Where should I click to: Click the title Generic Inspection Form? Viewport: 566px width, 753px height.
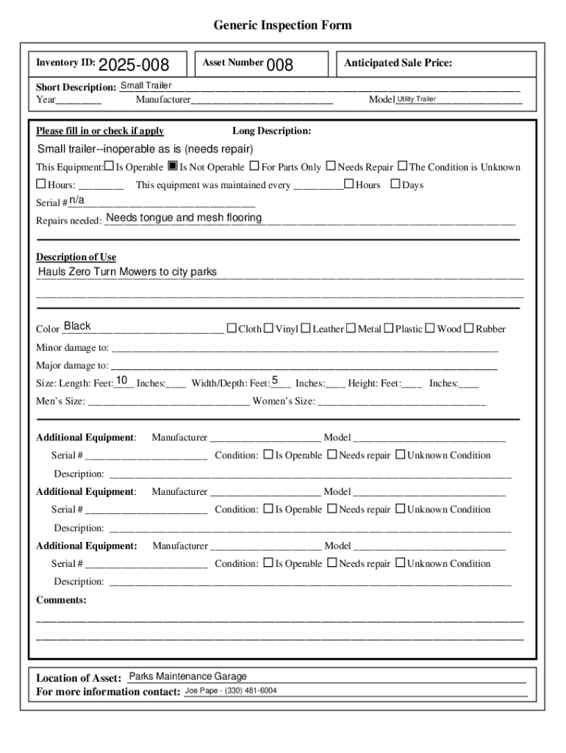coord(282,26)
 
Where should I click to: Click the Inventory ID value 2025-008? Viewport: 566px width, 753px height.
coord(134,65)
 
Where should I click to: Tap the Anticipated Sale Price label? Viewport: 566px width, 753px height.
coord(398,63)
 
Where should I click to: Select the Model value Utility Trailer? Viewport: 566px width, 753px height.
coord(417,99)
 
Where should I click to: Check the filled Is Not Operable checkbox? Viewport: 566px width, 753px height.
coord(173,167)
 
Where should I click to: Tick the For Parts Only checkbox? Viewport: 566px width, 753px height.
coord(254,167)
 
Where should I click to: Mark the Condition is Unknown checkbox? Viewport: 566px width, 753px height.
coord(403,167)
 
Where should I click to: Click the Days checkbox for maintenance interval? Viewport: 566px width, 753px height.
coord(395,185)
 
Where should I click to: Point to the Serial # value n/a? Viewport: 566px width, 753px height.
coord(76,200)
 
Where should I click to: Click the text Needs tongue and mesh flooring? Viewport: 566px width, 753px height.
coord(184,218)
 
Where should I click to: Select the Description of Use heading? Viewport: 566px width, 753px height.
coord(76,257)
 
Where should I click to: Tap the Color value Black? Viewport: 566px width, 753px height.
coord(77,326)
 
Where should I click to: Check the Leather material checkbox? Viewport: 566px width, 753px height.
coord(306,329)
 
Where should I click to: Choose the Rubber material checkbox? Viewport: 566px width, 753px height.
coord(468,329)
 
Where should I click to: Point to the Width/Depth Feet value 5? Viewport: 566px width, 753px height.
coord(275,380)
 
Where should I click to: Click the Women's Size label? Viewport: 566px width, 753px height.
coord(284,402)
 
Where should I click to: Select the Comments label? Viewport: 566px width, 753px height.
coord(61,600)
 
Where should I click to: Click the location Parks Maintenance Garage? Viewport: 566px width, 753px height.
coord(187,677)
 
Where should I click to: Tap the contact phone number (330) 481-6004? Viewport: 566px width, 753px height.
coord(251,691)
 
